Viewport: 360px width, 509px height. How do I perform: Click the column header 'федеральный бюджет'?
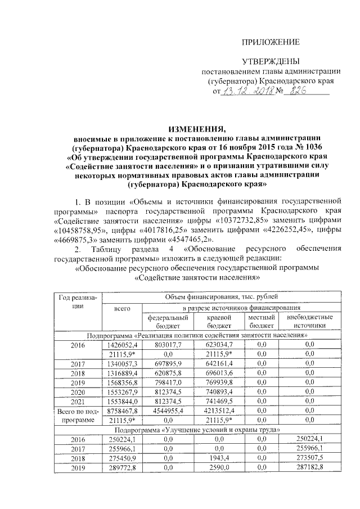tap(164, 322)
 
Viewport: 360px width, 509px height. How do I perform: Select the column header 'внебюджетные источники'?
tap(309, 322)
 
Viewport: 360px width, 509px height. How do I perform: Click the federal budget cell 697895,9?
tap(164, 364)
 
